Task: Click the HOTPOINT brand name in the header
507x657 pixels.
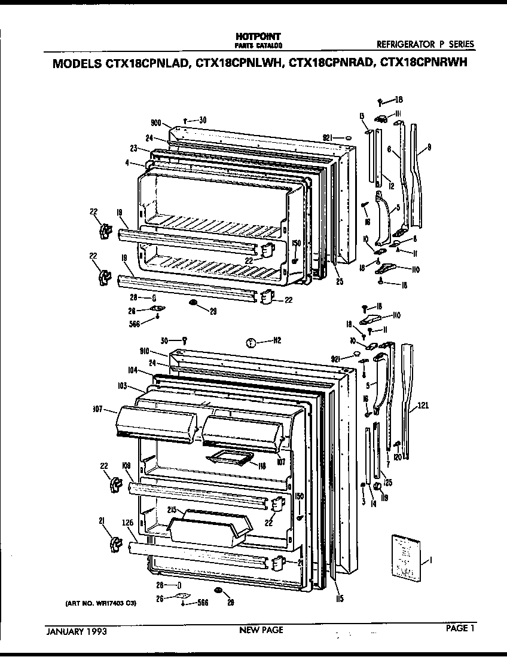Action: [258, 37]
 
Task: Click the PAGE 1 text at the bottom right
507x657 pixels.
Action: [460, 628]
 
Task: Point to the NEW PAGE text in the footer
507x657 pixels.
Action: [261, 630]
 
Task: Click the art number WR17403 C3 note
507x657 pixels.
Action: [100, 603]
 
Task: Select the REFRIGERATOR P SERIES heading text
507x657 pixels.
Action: [426, 44]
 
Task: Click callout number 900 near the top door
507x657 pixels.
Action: [157, 123]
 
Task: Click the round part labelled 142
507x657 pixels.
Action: [252, 342]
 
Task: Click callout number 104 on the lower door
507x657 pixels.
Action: [132, 370]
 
